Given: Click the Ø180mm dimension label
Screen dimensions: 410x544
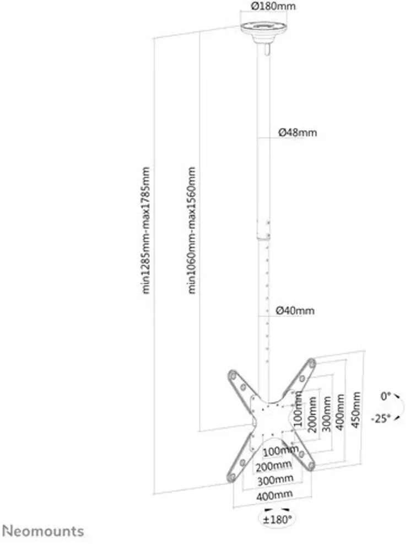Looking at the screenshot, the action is (x=273, y=6).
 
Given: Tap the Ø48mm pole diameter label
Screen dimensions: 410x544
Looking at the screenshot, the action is (x=298, y=132).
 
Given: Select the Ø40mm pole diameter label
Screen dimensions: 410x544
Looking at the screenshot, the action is (x=295, y=310).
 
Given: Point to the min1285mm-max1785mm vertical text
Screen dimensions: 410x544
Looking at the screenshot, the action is (x=147, y=231).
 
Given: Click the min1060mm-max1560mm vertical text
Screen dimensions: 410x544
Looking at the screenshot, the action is (x=191, y=231).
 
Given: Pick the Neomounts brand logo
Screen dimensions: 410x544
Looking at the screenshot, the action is (x=43, y=531).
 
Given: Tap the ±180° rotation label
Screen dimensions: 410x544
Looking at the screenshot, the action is (x=277, y=519).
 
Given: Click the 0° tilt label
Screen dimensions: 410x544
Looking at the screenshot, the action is (x=385, y=396).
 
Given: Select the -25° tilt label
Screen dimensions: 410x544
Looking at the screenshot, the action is (x=380, y=419).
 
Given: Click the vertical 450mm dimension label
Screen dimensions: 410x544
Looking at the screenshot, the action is (x=356, y=410).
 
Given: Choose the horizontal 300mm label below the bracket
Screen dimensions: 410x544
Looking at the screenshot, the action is (x=275, y=480).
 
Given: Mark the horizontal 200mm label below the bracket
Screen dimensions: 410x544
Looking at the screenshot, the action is (x=273, y=466).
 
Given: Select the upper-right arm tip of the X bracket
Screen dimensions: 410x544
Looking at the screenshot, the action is (x=312, y=363).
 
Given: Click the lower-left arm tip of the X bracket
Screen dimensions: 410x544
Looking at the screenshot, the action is (x=230, y=478).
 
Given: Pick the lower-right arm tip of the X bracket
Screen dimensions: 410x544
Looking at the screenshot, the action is (x=311, y=466).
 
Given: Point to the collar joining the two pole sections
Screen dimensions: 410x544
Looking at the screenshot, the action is (x=263, y=236).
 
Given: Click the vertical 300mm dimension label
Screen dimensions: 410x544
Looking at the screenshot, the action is (x=326, y=413).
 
